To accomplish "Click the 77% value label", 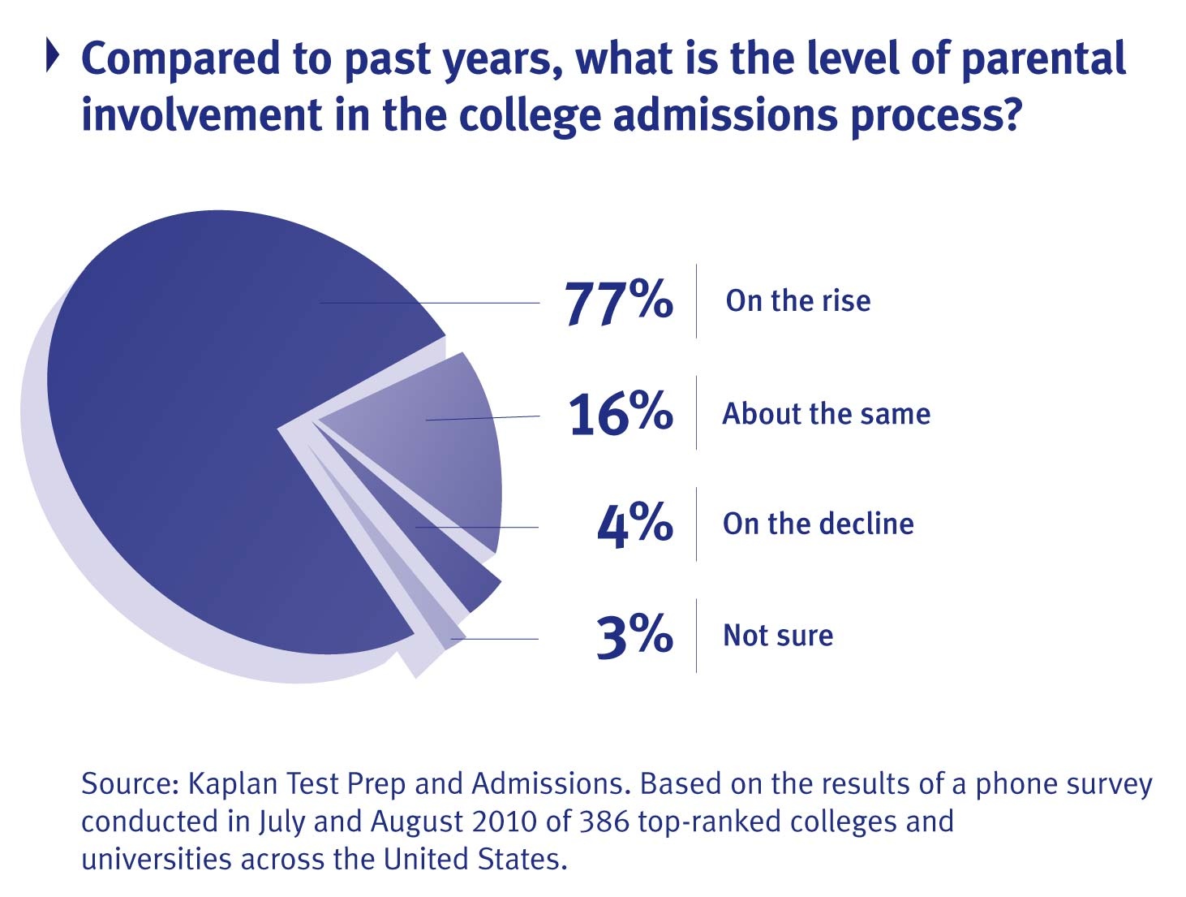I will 618,303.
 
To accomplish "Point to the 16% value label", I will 621,414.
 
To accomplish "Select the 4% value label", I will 634,524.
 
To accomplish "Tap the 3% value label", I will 634,636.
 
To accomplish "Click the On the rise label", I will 798,301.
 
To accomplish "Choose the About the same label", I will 826,414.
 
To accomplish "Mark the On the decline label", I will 818,524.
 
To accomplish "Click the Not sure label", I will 778,636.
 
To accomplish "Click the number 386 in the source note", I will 604,822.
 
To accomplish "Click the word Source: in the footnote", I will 130,784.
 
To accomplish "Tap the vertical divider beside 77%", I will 696,301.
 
